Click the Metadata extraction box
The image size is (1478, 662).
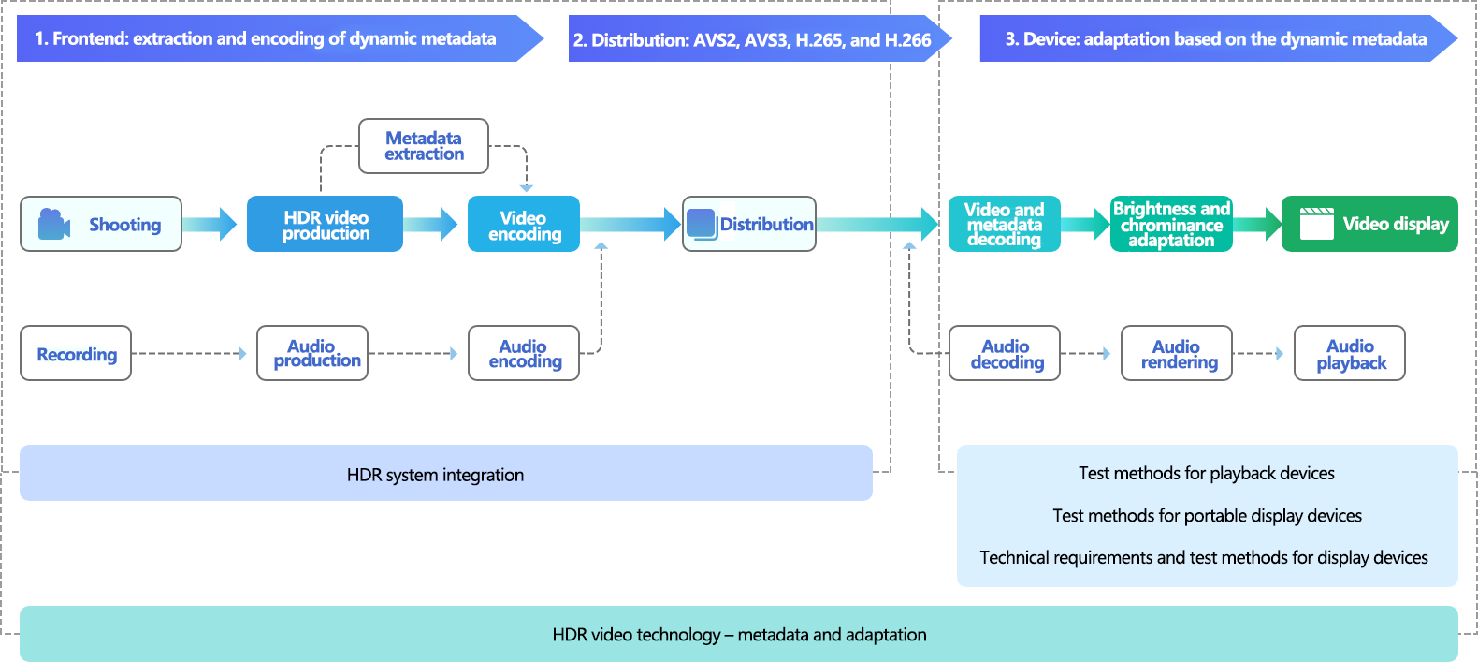coord(424,146)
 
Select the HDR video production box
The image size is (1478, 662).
coord(325,225)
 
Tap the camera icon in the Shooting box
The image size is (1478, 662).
coord(54,225)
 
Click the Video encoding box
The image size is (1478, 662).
coord(524,225)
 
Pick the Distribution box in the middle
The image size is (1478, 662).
coord(749,225)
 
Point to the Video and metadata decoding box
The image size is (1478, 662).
coord(1004,225)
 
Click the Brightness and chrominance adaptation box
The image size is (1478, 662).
coord(1171,225)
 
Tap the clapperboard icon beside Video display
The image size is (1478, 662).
coord(1316,224)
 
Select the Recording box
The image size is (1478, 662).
coord(76,354)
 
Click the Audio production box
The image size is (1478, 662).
coord(312,354)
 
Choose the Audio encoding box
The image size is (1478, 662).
coord(524,354)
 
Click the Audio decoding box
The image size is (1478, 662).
coord(1005,354)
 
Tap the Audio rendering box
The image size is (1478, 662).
coord(1177,354)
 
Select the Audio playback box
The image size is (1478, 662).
coord(1350,354)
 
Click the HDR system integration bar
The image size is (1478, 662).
coord(445,474)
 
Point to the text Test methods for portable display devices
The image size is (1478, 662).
coord(1207,516)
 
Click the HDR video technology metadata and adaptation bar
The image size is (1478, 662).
coord(739,634)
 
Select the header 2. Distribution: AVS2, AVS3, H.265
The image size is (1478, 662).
coord(753,39)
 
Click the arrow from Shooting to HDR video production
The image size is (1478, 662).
coord(210,225)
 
